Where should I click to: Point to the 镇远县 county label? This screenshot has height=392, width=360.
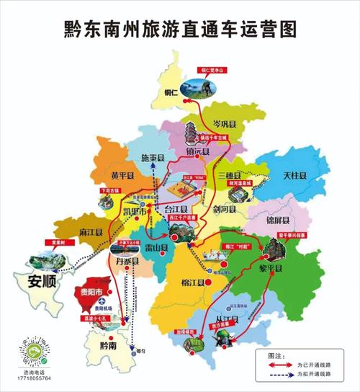click(197, 152)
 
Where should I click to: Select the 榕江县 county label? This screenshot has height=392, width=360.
click(194, 281)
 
